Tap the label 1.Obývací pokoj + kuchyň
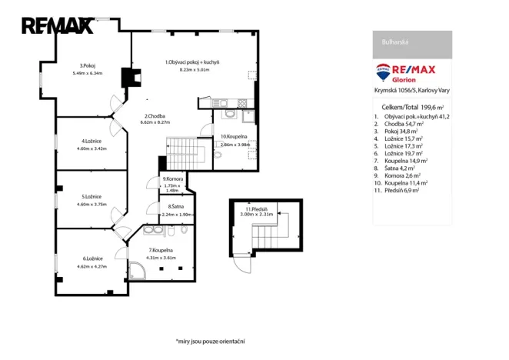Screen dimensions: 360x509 pyautogui.click(x=193, y=61)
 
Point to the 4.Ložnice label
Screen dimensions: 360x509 pyautogui.click(x=91, y=141)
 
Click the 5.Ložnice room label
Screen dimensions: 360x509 pyautogui.click(x=91, y=197)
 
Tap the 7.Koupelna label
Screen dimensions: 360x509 pyautogui.click(x=162, y=250)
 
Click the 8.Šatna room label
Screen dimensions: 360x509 pyautogui.click(x=176, y=207)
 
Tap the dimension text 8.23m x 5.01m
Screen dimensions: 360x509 pyautogui.click(x=194, y=69)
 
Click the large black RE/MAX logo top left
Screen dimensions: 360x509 pyautogui.click(x=57, y=25)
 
